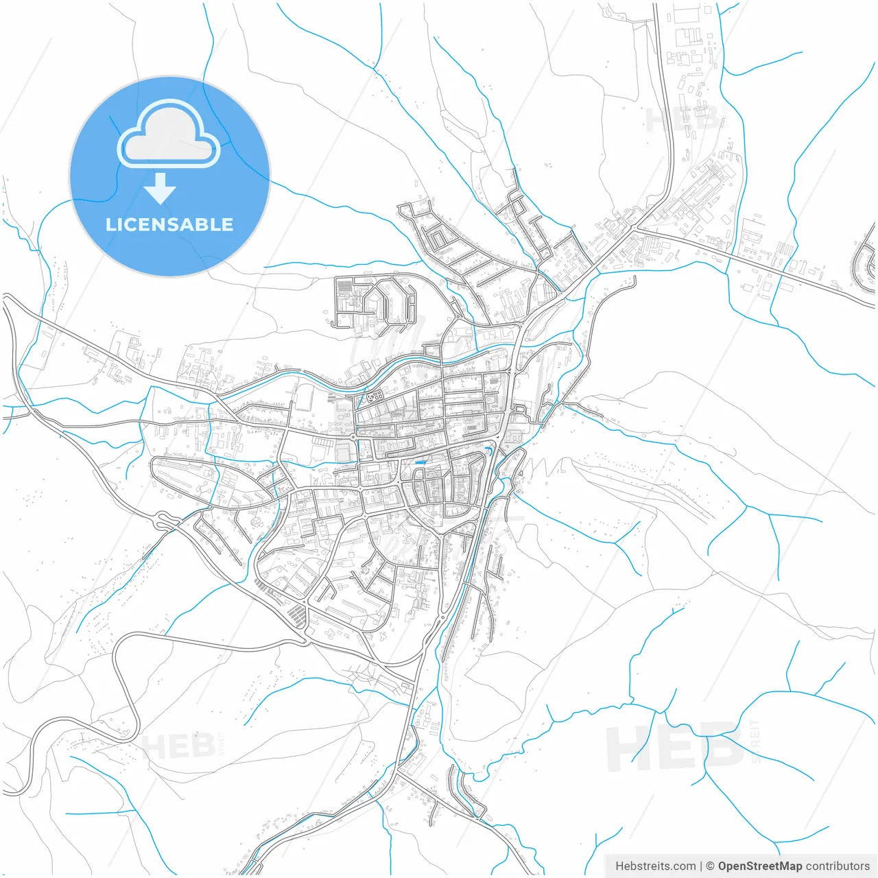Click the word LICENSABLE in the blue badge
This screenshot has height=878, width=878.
[169, 225]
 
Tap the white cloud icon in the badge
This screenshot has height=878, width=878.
[169, 134]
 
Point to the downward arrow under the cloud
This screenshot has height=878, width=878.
[161, 188]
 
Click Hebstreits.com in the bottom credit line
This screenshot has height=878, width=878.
[655, 866]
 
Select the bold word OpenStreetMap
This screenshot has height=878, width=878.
[760, 866]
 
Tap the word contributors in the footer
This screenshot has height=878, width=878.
[838, 866]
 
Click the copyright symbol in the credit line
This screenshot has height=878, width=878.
[710, 866]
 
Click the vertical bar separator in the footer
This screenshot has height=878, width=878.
[701, 866]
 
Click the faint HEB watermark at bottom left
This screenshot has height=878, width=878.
[179, 746]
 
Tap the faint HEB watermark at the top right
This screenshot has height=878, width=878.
[683, 121]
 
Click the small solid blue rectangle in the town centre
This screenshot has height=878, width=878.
[420, 463]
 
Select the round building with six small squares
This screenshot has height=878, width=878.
[375, 396]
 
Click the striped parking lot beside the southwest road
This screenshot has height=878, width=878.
[297, 614]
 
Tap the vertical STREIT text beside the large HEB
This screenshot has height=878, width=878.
[755, 741]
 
